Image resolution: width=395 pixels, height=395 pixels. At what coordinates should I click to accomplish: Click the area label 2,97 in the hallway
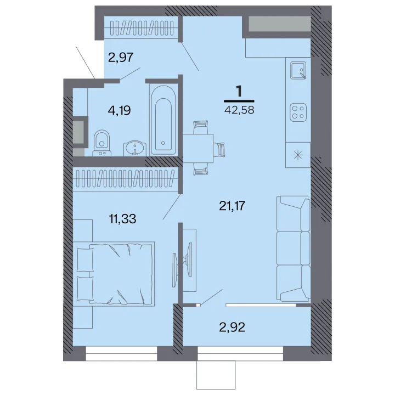(120, 57)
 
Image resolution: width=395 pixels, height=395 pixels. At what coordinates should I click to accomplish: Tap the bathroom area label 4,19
(119, 110)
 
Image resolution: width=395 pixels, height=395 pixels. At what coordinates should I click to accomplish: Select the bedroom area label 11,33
(123, 219)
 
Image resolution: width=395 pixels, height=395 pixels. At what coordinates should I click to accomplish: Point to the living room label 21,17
(232, 206)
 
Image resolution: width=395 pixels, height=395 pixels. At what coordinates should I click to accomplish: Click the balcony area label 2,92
(232, 328)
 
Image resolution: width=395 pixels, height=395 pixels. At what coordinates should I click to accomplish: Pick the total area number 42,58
(239, 110)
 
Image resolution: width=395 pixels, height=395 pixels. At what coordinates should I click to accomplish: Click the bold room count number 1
(239, 91)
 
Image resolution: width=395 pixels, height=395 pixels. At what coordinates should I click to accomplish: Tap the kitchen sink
(298, 70)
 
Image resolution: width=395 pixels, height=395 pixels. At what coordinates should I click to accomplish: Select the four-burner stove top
(298, 112)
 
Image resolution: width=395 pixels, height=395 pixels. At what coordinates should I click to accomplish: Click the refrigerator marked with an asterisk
(298, 155)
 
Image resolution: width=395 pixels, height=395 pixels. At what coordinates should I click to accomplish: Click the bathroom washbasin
(135, 149)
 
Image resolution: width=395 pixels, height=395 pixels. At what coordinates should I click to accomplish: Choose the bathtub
(163, 120)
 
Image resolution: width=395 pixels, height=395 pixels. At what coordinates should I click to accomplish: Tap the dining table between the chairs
(198, 148)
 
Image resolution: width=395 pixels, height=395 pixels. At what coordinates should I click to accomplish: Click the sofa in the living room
(294, 249)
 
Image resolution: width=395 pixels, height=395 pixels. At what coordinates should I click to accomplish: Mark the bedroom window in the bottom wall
(121, 353)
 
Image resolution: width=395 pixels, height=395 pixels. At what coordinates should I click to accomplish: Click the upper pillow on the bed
(85, 259)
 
